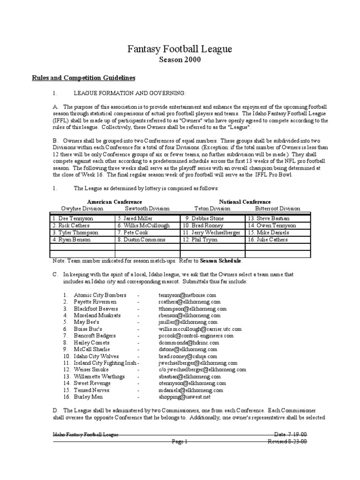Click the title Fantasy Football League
pos(180,49)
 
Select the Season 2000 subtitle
pos(180,60)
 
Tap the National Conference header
pos(245,202)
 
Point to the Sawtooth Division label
pos(147,209)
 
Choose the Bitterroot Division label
pos(277,209)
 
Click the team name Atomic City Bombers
pos(100,295)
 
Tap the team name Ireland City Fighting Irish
pos(105,363)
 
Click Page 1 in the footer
pos(180,441)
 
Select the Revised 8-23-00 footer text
pos(287,441)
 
